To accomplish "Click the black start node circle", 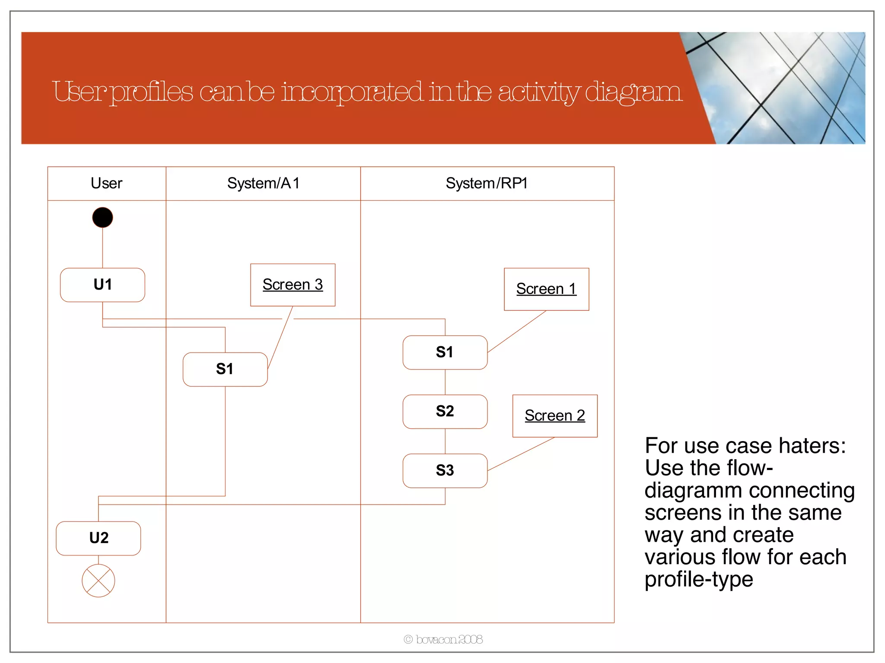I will [x=102, y=218].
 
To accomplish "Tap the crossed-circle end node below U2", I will [x=99, y=581].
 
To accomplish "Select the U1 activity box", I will [x=102, y=285].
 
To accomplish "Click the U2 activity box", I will [x=99, y=538].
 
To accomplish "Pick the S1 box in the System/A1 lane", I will [x=225, y=369].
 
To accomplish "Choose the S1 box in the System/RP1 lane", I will [x=445, y=352].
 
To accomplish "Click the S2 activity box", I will [x=445, y=411].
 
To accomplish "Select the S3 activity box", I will [x=445, y=470].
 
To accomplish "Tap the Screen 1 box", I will [x=546, y=289].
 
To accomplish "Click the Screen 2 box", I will [x=554, y=416].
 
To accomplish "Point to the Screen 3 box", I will [x=293, y=285].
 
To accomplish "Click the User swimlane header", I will [x=107, y=183].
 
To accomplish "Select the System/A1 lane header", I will [x=263, y=183].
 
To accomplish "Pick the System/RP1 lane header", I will [x=487, y=183].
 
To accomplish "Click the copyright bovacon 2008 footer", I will [x=443, y=639].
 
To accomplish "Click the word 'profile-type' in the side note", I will [x=699, y=579].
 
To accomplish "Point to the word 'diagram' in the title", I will [x=634, y=92].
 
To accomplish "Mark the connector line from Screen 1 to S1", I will [x=517, y=331].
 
